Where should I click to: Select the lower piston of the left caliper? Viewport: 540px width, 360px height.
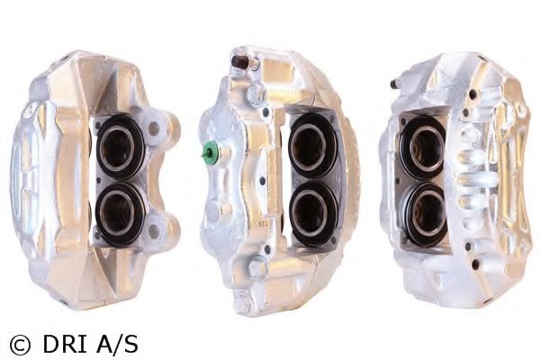(119, 213)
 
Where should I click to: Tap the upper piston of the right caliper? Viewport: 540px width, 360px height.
(424, 147)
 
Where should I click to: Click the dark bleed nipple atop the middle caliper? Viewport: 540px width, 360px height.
(239, 62)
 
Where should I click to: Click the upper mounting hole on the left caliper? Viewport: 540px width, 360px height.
(154, 129)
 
